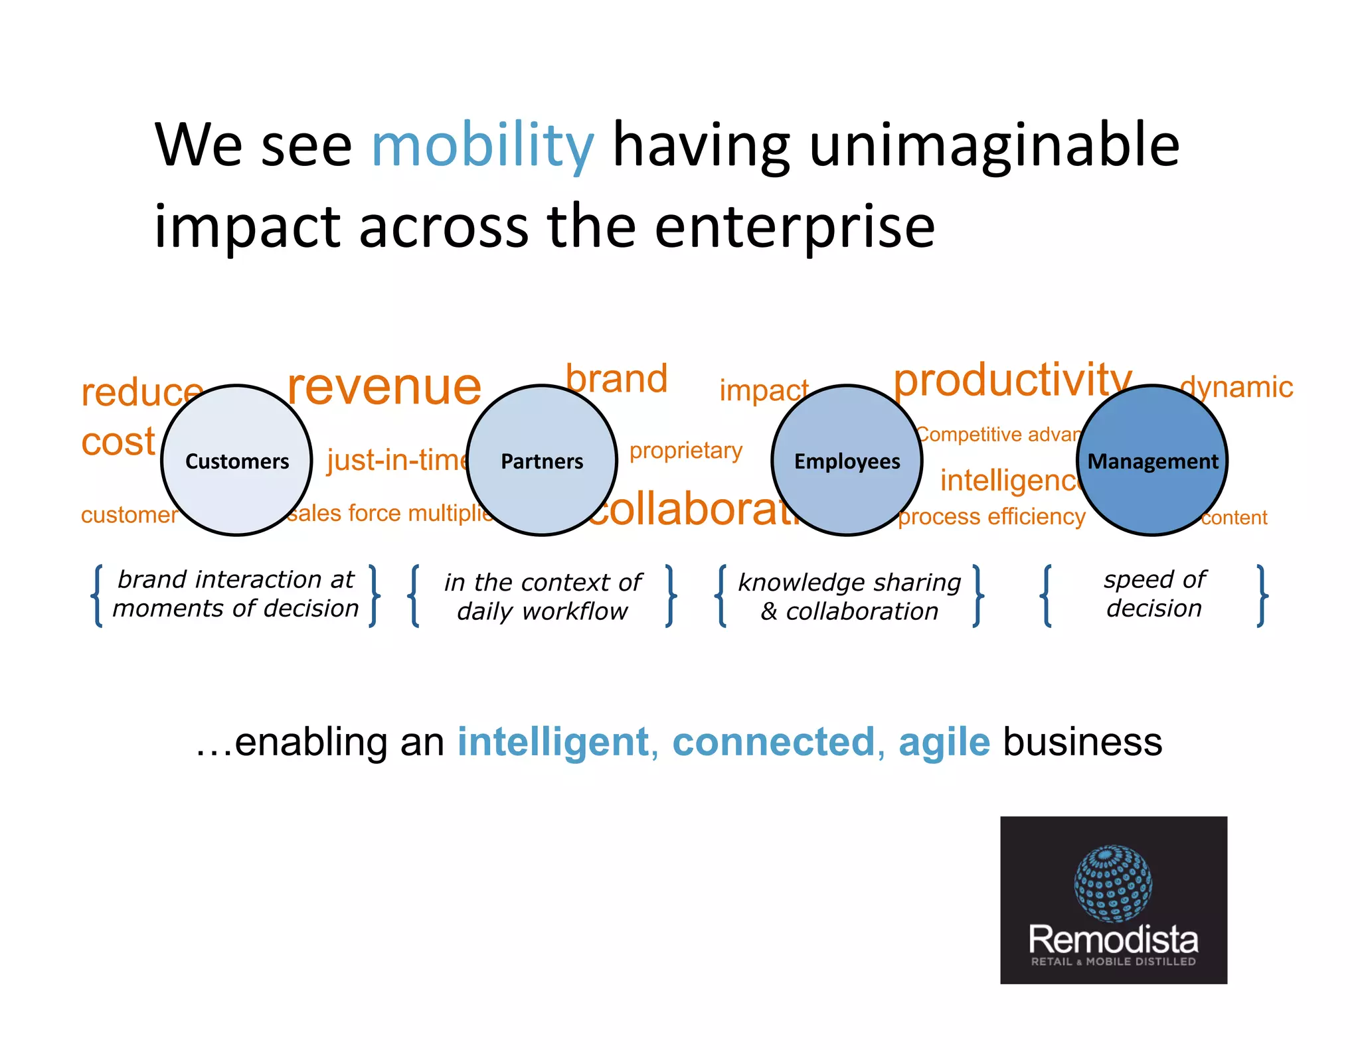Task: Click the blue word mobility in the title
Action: [x=482, y=146]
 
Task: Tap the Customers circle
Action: [x=237, y=461]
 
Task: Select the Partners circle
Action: [x=542, y=461]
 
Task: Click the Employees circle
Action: [x=847, y=461]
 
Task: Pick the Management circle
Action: [x=1152, y=461]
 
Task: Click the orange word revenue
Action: [x=384, y=387]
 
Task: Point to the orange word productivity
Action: [x=1012, y=380]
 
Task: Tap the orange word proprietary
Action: [x=685, y=451]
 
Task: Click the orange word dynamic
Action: [x=1236, y=387]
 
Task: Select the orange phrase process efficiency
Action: [x=991, y=516]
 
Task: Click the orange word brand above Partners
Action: [x=616, y=379]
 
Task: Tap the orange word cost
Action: [x=118, y=442]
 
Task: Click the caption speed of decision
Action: [x=1154, y=593]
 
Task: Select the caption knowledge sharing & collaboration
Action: [x=849, y=596]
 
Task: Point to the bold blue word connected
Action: [x=774, y=742]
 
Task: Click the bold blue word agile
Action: [x=944, y=742]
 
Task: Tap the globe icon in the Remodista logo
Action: [x=1113, y=883]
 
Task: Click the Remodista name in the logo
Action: [x=1113, y=939]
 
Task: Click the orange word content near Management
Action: [x=1234, y=518]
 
